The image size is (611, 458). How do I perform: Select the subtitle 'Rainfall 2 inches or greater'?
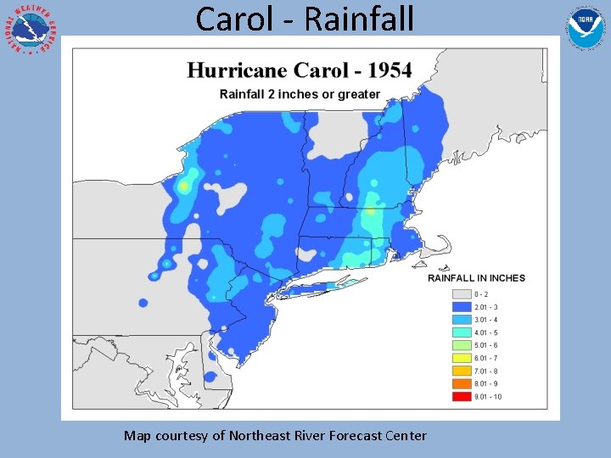click(300, 94)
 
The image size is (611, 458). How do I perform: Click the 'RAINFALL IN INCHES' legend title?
click(476, 278)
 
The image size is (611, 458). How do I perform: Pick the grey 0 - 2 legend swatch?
click(462, 294)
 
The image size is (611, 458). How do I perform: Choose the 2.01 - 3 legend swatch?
click(462, 307)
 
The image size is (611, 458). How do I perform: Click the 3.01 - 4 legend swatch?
click(462, 320)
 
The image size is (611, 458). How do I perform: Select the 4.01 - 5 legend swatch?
click(462, 332)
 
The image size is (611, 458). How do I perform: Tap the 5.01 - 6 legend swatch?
click(462, 345)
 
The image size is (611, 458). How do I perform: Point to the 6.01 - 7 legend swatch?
click(462, 358)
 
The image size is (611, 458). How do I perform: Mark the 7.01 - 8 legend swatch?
click(462, 371)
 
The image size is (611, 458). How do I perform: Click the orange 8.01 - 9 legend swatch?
click(462, 383)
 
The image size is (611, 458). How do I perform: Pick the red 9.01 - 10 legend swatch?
click(462, 396)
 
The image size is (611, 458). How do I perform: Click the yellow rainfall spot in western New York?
click(183, 186)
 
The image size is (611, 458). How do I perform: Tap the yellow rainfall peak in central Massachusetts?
click(371, 211)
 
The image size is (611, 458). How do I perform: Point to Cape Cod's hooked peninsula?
click(442, 246)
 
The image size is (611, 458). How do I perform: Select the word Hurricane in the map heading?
click(239, 70)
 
